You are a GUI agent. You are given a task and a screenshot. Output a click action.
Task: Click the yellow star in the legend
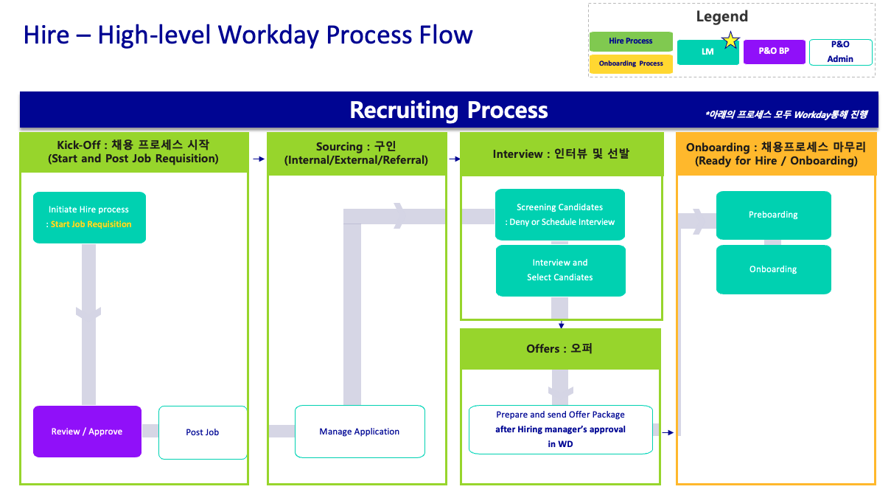pos(730,41)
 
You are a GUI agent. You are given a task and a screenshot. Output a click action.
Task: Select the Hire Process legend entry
pos(631,41)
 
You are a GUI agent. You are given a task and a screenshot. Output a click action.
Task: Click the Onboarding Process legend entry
pos(631,64)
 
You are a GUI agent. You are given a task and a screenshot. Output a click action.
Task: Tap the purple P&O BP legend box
pos(774,52)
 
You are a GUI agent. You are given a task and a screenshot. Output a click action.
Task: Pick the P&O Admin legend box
pos(840,52)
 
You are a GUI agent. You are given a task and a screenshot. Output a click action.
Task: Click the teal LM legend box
pos(707,52)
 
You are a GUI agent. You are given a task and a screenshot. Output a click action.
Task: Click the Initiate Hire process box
pos(89,217)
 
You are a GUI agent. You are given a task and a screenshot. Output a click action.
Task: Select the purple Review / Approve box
pos(87,432)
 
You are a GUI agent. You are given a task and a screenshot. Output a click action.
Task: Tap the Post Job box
pos(203,432)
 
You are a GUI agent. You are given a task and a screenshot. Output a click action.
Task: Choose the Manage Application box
pos(360,432)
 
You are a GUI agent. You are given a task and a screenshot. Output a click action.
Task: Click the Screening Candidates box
pos(560,215)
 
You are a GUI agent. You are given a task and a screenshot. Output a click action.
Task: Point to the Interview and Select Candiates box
pos(560,270)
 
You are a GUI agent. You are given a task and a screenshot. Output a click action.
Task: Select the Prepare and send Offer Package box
pos(561,429)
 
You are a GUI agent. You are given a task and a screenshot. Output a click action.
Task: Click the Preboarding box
pos(773,215)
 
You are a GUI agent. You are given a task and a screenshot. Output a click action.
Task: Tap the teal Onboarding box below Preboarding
pos(773,269)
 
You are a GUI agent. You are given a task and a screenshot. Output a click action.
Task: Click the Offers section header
pos(559,348)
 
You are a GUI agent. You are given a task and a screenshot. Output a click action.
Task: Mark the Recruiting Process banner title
pos(449,110)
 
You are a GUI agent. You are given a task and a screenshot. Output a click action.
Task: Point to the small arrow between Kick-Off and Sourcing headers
pos(258,159)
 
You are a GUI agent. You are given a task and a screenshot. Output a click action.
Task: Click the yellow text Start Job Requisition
pos(91,224)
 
